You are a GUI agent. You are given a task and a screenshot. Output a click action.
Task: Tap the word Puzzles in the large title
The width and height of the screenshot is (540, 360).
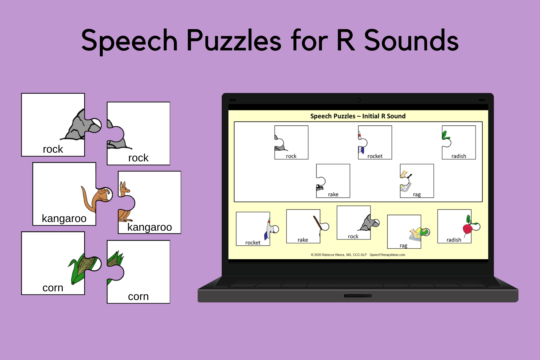pos(234,40)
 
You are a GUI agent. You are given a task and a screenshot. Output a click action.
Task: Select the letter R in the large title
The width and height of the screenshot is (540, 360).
pos(346,40)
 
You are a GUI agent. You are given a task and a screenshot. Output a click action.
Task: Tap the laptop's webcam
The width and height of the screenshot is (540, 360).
pos(358,100)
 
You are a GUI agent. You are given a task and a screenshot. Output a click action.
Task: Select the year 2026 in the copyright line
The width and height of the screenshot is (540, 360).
pos(317,255)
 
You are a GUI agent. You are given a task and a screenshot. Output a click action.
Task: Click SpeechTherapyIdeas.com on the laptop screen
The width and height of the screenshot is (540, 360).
pos(387,255)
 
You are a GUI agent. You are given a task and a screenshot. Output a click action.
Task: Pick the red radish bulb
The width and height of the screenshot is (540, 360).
pos(467,229)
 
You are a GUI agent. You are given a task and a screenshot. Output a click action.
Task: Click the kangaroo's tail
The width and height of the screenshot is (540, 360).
pos(85,198)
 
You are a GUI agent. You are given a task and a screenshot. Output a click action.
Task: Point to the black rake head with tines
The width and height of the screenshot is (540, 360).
pos(320,188)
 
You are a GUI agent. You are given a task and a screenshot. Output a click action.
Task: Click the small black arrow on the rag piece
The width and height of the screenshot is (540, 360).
pos(410,175)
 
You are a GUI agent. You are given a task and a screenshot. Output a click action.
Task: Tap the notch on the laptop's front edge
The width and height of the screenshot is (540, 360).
pos(358,296)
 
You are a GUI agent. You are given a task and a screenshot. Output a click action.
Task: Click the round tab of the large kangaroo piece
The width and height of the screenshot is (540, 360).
pos(107,194)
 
